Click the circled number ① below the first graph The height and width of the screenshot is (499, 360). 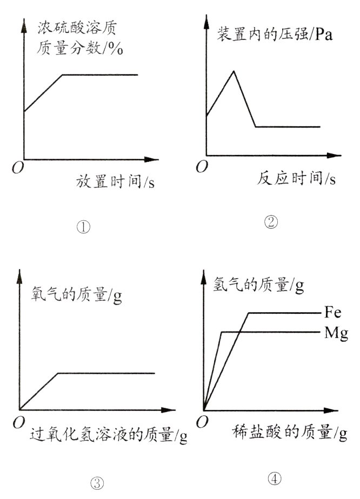[x=83, y=227]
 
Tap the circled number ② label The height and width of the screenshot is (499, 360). [x=271, y=222]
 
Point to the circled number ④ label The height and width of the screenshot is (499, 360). [x=275, y=478]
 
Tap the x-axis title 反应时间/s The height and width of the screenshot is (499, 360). [x=296, y=178]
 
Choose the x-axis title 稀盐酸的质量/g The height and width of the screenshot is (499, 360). [x=290, y=431]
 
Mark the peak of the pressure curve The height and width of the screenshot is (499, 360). [x=233, y=71]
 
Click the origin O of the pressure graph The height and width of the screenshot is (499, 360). [x=202, y=166]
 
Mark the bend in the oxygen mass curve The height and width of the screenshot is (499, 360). [x=58, y=373]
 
